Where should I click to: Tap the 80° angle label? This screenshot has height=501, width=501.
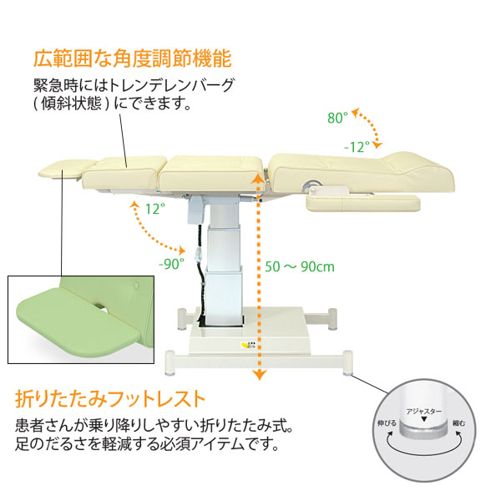(337, 119)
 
